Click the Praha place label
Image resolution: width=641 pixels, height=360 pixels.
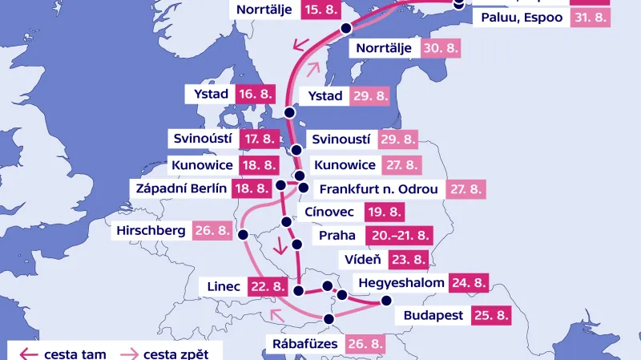(x=337, y=237)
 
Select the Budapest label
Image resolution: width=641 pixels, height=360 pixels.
(x=433, y=315)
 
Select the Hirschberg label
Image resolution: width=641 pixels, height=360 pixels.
(x=151, y=231)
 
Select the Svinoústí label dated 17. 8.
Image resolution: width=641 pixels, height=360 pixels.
(x=203, y=138)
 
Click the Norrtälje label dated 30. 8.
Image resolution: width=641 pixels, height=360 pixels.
(x=384, y=48)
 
